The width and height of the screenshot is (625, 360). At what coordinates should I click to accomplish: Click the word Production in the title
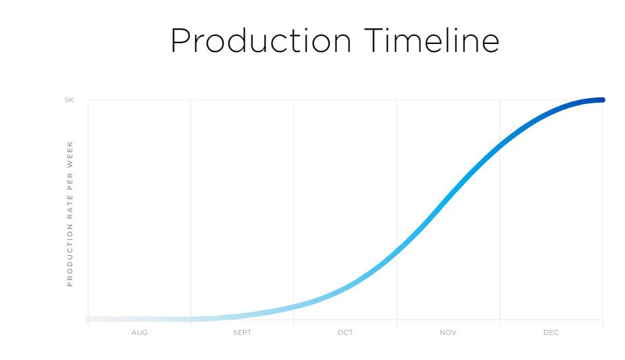tap(261, 41)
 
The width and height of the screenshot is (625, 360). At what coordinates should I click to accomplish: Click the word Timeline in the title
tap(432, 41)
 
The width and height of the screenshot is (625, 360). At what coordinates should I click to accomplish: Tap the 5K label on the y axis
tap(69, 100)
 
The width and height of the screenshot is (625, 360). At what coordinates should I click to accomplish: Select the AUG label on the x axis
tap(139, 332)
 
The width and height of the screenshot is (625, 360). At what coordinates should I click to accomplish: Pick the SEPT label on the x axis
tap(243, 332)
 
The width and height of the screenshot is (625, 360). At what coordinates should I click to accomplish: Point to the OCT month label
tap(345, 332)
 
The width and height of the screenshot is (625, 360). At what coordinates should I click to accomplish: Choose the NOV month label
tap(448, 332)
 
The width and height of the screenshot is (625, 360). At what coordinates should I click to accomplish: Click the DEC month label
tap(551, 332)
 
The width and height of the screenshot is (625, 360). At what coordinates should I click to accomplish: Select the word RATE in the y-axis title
tap(70, 207)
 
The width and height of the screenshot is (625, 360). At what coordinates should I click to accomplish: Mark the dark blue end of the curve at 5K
tap(603, 100)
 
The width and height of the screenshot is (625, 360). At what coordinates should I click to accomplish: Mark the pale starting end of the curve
tap(87, 319)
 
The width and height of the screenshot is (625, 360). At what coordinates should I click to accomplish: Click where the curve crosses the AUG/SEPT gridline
tap(191, 319)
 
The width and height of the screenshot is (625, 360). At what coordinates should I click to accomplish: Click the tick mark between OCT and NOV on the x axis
tap(397, 324)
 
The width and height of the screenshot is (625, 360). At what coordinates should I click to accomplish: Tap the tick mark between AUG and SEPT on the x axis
tap(191, 324)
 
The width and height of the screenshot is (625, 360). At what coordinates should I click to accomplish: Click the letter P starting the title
tap(180, 41)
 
